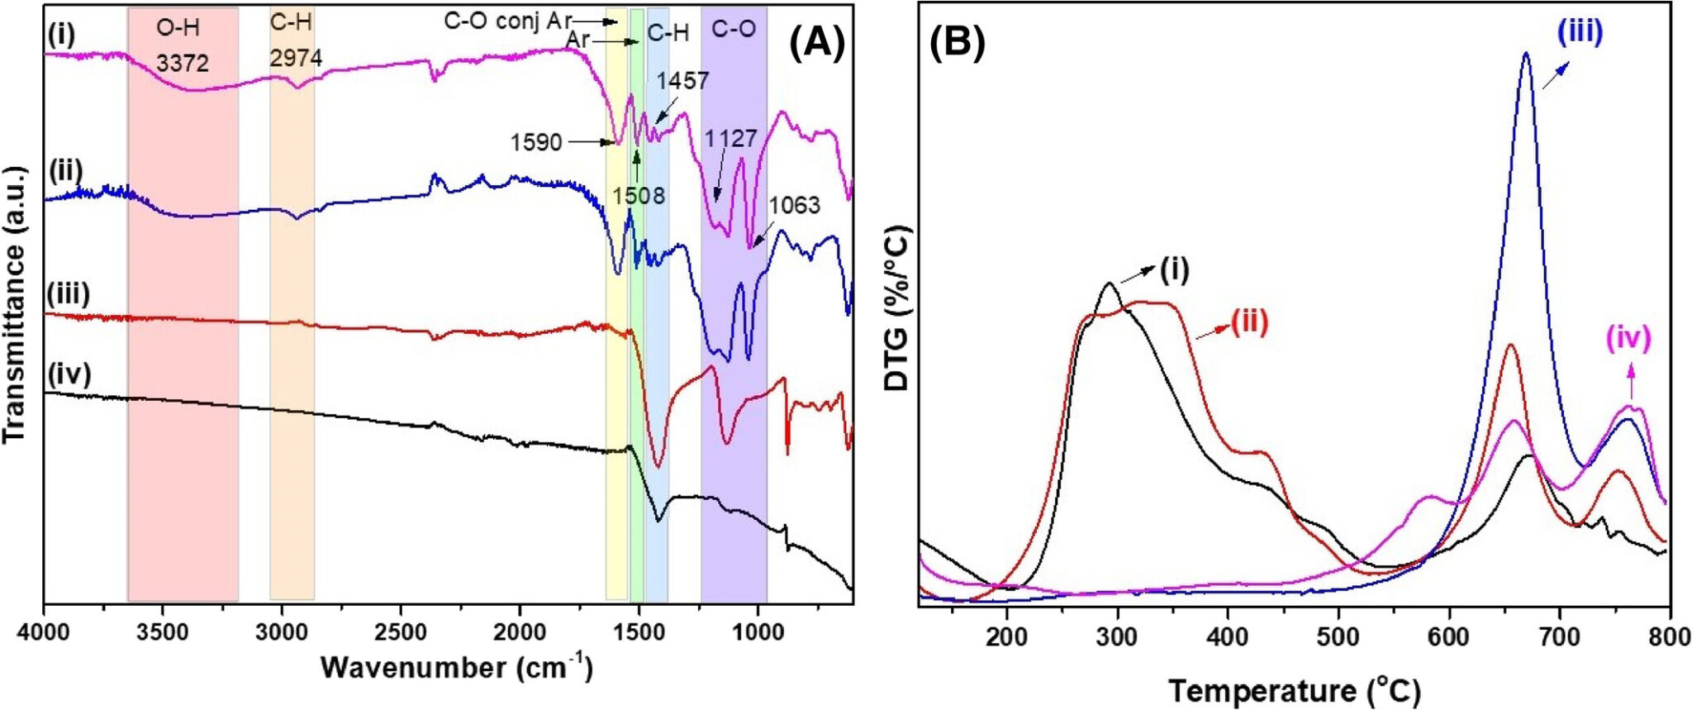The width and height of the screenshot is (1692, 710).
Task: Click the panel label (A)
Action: pyautogui.click(x=817, y=44)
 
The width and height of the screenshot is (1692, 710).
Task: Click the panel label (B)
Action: pyautogui.click(x=958, y=44)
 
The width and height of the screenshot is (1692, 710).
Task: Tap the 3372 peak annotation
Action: pyautogui.click(x=183, y=63)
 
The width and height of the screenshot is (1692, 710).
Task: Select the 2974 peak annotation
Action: pyautogui.click(x=295, y=59)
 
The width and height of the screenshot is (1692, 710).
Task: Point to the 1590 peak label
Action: pyautogui.click(x=535, y=142)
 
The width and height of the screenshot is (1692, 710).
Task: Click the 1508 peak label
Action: pyautogui.click(x=638, y=196)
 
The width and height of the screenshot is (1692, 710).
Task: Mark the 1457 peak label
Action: pyautogui.click(x=682, y=81)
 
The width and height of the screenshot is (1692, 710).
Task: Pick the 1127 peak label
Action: pyautogui.click(x=730, y=139)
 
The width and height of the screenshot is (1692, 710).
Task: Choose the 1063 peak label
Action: pyautogui.click(x=794, y=205)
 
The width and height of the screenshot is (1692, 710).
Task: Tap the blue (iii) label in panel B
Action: pyautogui.click(x=1580, y=32)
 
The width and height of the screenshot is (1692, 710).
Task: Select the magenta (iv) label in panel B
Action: pyautogui.click(x=1628, y=338)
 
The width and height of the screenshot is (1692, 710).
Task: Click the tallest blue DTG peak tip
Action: pyautogui.click(x=1525, y=54)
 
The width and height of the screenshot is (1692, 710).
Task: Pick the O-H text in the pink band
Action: pyautogui.click(x=178, y=30)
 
